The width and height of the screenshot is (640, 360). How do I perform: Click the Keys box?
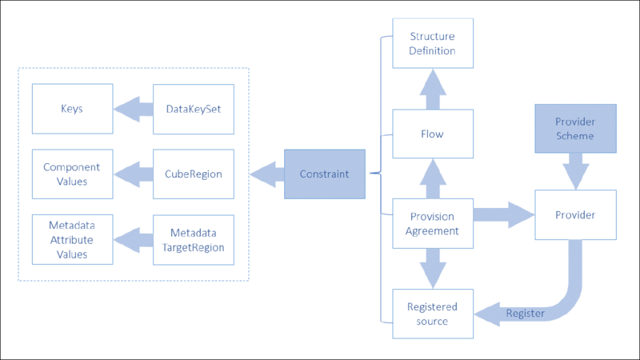point(72,109)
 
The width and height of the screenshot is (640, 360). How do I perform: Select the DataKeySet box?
point(194,109)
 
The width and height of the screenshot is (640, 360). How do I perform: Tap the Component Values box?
point(72,174)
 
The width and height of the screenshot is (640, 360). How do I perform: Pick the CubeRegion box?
point(194,174)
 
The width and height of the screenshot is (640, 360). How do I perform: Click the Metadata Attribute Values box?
point(72,238)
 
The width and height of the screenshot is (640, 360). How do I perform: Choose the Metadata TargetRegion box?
point(194,238)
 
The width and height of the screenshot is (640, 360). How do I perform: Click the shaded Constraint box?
point(324,174)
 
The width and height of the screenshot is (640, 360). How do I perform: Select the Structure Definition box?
point(433,44)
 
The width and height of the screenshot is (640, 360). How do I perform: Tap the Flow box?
point(433,134)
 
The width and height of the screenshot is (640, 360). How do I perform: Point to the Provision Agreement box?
point(433,223)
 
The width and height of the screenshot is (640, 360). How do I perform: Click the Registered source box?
point(433,313)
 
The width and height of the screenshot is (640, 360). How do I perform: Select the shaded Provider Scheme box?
point(574,128)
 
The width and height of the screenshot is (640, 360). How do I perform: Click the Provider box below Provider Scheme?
point(574,214)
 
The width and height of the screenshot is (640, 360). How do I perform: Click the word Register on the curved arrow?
point(526,313)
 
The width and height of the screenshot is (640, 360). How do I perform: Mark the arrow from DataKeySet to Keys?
point(132,109)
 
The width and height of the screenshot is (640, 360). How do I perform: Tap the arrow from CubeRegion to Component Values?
point(132,174)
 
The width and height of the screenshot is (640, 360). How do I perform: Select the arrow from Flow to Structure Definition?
point(433,89)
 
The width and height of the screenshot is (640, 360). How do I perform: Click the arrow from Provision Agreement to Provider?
point(503,214)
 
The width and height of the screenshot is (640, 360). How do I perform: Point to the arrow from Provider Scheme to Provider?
point(574,171)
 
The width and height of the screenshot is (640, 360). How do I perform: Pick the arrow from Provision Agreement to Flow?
point(433,178)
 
